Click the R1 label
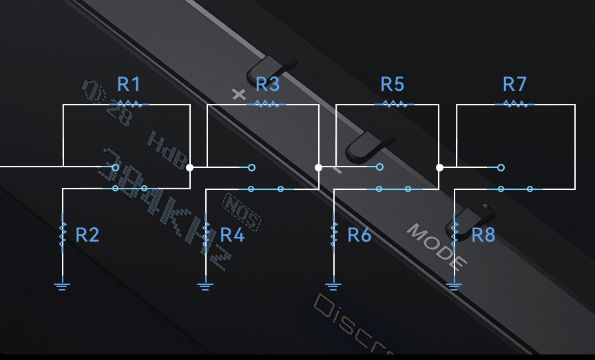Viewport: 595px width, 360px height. [129, 85]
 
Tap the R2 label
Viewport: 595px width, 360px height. [87, 235]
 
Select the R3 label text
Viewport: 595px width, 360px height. [267, 85]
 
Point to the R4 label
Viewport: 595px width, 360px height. [233, 235]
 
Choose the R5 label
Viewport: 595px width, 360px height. [392, 85]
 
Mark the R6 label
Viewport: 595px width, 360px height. [359, 235]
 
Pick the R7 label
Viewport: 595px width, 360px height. [514, 85]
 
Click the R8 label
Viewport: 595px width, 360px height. [483, 235]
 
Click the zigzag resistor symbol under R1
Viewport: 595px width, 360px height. [129, 105]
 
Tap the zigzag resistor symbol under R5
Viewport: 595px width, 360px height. [393, 105]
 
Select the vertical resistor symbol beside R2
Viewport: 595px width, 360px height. [63, 234]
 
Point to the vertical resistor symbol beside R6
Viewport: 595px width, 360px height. [334, 234]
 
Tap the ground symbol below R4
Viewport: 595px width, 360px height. [205, 283]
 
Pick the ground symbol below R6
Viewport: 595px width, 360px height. [333, 284]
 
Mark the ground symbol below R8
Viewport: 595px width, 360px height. [454, 284]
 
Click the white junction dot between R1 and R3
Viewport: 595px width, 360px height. [190, 167]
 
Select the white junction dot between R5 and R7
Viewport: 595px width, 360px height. [439, 167]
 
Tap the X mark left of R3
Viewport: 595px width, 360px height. [239, 94]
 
